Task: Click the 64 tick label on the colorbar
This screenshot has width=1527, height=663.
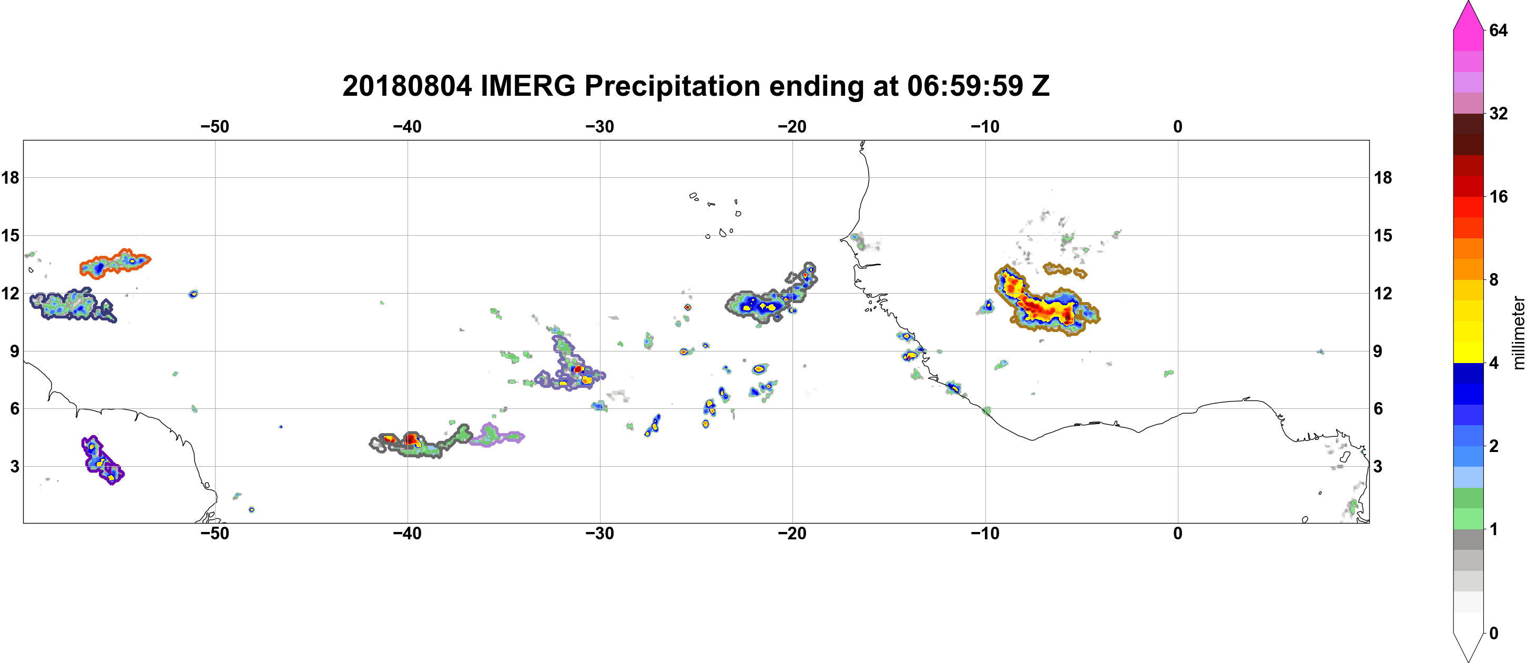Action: [1498, 30]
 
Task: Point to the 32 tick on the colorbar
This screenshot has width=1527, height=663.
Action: [1498, 113]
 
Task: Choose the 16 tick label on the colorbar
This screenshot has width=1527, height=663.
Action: [1498, 196]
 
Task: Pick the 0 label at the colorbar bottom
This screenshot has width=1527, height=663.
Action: [1494, 634]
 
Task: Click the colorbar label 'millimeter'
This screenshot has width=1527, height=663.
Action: [1518, 333]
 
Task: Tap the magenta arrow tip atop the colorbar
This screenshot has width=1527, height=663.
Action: [1468, 3]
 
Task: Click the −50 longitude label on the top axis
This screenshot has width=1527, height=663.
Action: [215, 127]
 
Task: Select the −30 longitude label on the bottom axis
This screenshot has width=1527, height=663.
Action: [600, 534]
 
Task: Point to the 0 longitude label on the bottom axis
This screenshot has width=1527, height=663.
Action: [1177, 534]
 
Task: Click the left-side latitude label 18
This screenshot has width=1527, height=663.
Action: [10, 177]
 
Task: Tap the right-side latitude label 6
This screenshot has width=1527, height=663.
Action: [1378, 409]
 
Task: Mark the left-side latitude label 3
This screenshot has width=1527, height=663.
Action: [14, 467]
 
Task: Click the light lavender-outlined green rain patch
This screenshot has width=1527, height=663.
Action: [495, 436]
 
